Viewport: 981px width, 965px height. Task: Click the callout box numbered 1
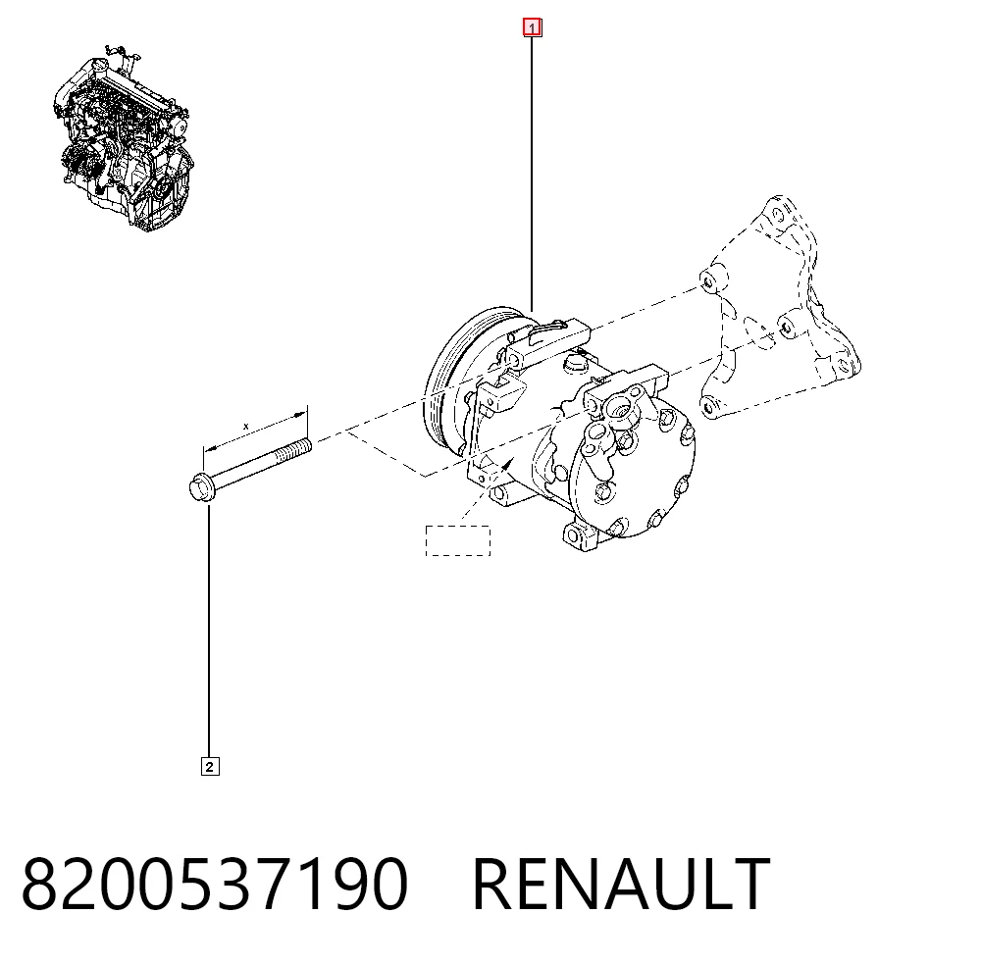pyautogui.click(x=532, y=28)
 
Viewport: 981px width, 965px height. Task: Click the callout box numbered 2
pyautogui.click(x=210, y=766)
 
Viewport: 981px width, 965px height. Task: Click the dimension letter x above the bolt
pyautogui.click(x=246, y=427)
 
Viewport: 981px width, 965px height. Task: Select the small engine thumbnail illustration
pyautogui.click(x=123, y=137)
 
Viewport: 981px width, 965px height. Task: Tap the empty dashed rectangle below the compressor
pyautogui.click(x=457, y=540)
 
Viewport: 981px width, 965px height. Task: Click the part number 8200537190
pyautogui.click(x=215, y=884)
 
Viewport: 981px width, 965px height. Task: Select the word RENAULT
pyautogui.click(x=621, y=884)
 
